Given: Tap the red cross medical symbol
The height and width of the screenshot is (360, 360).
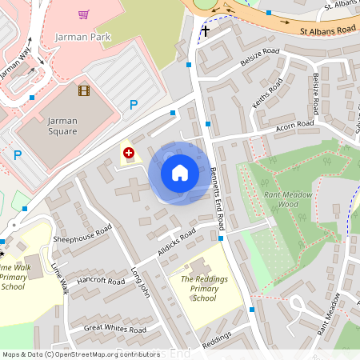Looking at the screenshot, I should pos(128,151).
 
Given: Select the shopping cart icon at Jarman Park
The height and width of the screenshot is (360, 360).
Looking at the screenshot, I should pos(83,14).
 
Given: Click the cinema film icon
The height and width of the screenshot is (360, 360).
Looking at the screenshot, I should pos(84,90).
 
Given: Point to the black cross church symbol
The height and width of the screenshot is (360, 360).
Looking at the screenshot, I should pos(205,31).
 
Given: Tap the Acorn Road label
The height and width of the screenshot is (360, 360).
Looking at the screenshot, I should pos(295,125).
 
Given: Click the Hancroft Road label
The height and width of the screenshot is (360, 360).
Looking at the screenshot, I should pos(101,282).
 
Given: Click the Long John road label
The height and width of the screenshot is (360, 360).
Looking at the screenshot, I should pos(141,282).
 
